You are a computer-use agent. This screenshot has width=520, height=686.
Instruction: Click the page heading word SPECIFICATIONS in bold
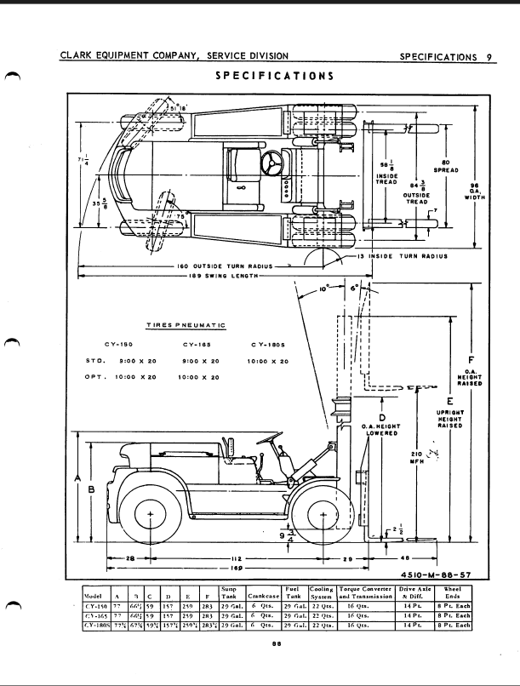point(273,76)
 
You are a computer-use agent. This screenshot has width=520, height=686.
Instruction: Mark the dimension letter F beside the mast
point(471,358)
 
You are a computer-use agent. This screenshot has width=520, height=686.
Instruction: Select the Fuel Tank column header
point(294,592)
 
